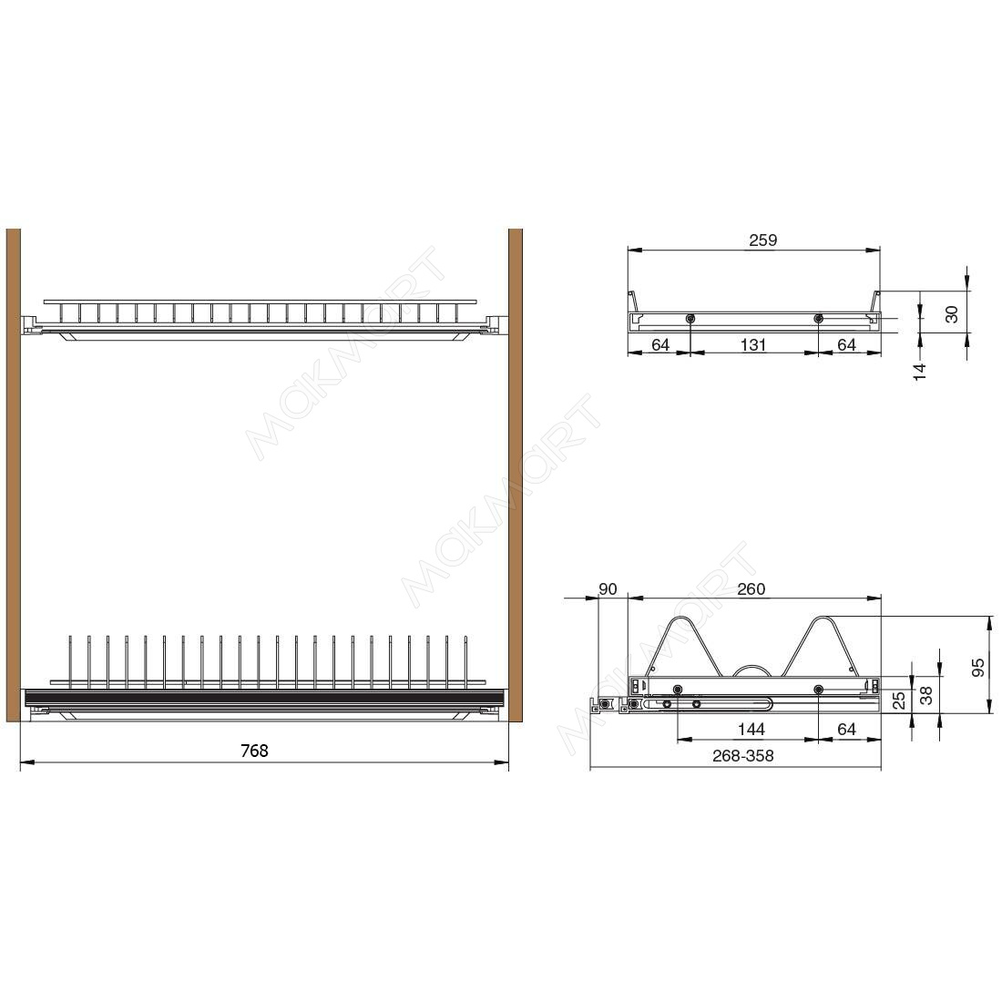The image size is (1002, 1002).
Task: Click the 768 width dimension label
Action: (x=254, y=751)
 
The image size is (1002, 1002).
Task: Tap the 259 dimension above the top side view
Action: (x=763, y=240)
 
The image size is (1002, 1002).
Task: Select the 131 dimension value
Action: (x=753, y=345)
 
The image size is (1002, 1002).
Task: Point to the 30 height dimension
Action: (x=952, y=314)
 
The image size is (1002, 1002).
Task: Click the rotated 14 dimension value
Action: (x=920, y=372)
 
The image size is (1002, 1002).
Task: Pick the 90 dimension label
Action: (x=608, y=588)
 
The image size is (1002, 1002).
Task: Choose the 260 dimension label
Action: (x=751, y=588)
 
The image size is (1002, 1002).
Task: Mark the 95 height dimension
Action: (x=978, y=668)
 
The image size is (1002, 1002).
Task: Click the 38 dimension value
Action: (x=926, y=695)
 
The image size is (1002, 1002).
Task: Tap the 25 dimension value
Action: (x=899, y=700)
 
